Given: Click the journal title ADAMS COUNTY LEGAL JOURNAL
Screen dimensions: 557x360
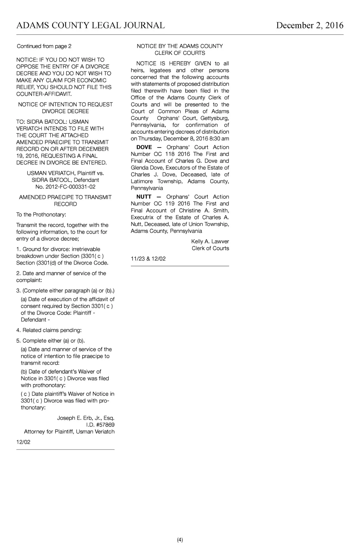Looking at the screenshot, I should tap(90, 25).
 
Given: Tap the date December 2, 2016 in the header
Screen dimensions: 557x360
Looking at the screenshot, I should tap(309, 25).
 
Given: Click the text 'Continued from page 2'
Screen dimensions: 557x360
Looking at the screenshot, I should tap(44, 46).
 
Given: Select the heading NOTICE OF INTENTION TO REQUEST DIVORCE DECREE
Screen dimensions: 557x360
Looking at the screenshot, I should tap(65, 108).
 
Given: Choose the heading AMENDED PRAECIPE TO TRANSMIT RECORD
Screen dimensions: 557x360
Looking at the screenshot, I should tap(65, 201).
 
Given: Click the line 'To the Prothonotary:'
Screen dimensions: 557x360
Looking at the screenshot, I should tap(41, 214).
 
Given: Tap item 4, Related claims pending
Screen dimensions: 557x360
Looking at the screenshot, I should tap(49, 330).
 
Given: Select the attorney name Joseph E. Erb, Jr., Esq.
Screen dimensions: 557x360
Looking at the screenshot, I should tap(86, 418).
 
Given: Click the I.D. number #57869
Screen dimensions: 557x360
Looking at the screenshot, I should tap(105, 425).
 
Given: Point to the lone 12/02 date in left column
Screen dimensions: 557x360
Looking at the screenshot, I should tap(23, 442).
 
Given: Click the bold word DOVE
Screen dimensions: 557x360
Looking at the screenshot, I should tap(144, 147).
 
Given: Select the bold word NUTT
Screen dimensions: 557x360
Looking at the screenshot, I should tap(144, 197).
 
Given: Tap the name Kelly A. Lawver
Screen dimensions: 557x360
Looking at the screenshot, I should tap(210, 241).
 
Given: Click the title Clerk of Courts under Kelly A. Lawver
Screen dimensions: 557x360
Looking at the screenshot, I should tap(210, 248).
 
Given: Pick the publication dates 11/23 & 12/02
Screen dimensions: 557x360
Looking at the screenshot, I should tap(148, 259).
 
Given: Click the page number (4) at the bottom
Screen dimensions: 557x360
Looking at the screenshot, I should tap(180, 540).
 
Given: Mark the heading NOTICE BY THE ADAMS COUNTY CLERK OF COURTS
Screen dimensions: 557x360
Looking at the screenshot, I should tap(180, 49).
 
